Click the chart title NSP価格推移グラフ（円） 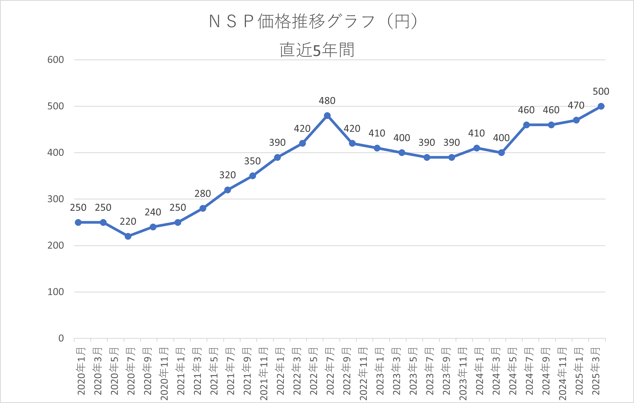[x=313, y=21]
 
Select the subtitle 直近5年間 [x=317, y=50]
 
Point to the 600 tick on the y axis [x=56, y=60]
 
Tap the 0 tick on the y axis [x=61, y=338]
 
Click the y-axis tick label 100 [x=56, y=292]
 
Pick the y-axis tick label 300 [x=56, y=199]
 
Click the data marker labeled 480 [x=327, y=116]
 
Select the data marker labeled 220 [x=128, y=236]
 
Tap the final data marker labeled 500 [x=601, y=106]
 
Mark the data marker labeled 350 [x=253, y=176]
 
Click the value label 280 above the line [x=202, y=194]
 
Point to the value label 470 [x=576, y=106]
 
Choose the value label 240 [x=153, y=212]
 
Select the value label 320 [x=227, y=175]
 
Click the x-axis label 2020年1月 [x=81, y=371]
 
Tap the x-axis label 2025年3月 [x=596, y=371]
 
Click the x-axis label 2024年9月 [x=546, y=371]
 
